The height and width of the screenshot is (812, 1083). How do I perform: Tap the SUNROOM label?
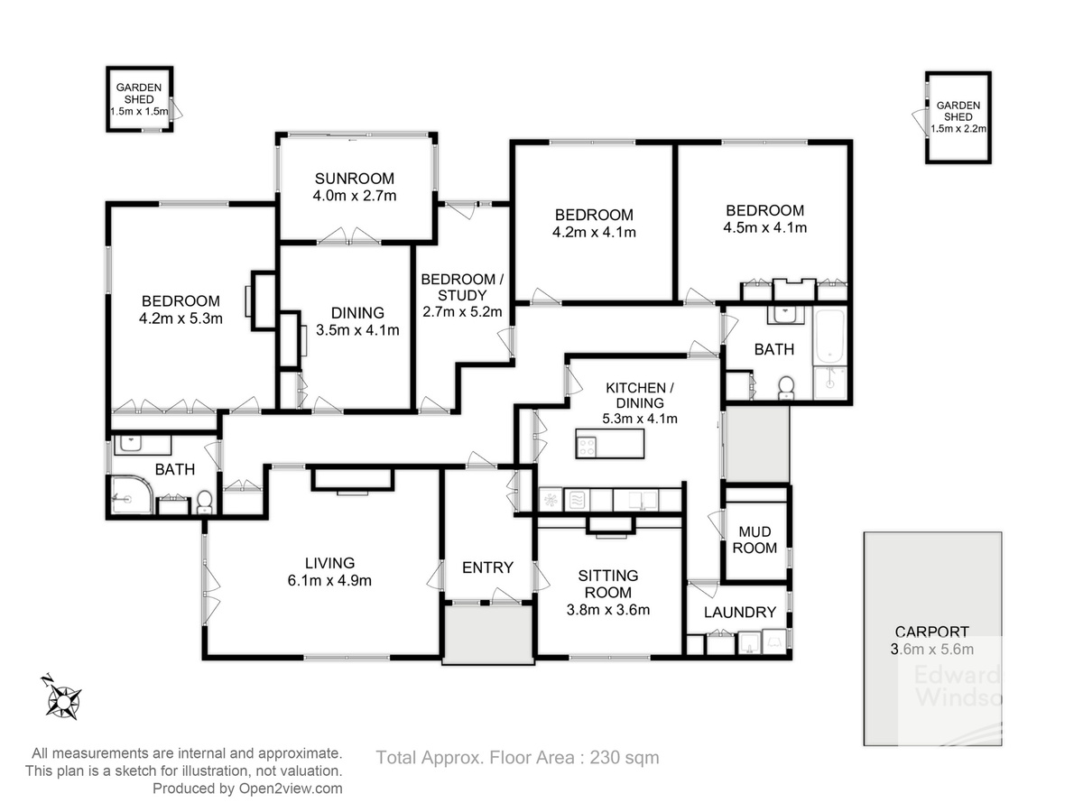click(355, 179)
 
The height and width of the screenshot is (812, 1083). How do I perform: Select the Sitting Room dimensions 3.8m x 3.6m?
click(608, 610)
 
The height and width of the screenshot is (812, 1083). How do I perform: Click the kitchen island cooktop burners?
click(587, 448)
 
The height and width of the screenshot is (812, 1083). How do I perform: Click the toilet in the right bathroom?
click(785, 388)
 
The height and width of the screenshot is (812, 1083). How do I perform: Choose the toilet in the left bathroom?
click(204, 501)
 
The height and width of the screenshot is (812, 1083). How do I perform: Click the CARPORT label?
click(931, 632)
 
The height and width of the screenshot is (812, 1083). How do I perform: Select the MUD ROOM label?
click(754, 540)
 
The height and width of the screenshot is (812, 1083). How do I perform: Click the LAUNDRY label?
click(740, 613)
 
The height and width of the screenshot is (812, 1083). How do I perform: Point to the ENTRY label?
click(487, 568)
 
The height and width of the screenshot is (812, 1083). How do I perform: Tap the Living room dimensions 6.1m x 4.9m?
click(329, 580)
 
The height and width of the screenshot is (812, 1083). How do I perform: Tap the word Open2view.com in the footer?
click(291, 789)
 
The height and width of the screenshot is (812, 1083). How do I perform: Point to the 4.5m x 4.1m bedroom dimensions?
click(764, 227)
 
